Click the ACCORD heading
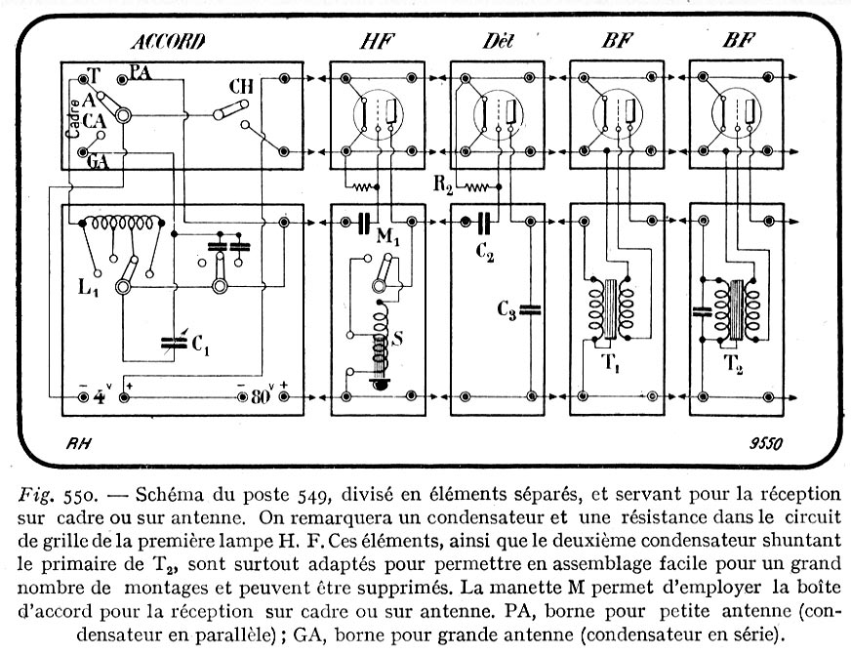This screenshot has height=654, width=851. [168, 41]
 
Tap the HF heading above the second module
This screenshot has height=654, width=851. [370, 41]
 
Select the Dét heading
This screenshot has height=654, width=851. [497, 41]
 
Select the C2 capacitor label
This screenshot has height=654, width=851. [485, 251]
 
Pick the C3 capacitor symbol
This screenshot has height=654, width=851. [530, 310]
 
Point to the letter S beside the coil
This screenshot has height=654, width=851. [396, 341]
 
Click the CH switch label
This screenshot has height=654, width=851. [241, 86]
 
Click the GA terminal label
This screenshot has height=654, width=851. [98, 163]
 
